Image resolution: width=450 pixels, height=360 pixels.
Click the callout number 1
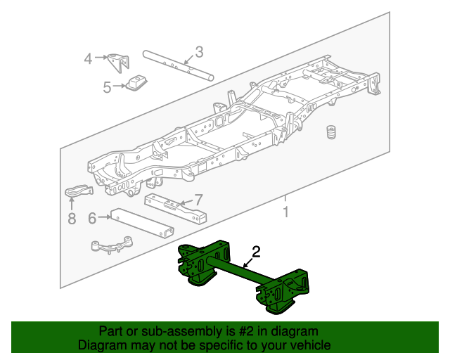[285, 212]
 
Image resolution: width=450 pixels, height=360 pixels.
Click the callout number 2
[256, 251]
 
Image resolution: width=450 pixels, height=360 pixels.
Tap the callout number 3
[199, 51]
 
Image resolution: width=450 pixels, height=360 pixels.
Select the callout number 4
[88, 58]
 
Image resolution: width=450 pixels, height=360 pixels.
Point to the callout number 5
[107, 87]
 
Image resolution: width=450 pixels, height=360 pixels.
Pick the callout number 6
[92, 218]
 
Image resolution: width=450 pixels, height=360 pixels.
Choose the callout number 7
[198, 199]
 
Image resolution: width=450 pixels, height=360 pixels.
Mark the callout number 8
[71, 219]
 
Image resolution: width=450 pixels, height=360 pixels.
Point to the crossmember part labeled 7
[176, 208]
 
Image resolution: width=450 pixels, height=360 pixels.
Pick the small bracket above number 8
[79, 191]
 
